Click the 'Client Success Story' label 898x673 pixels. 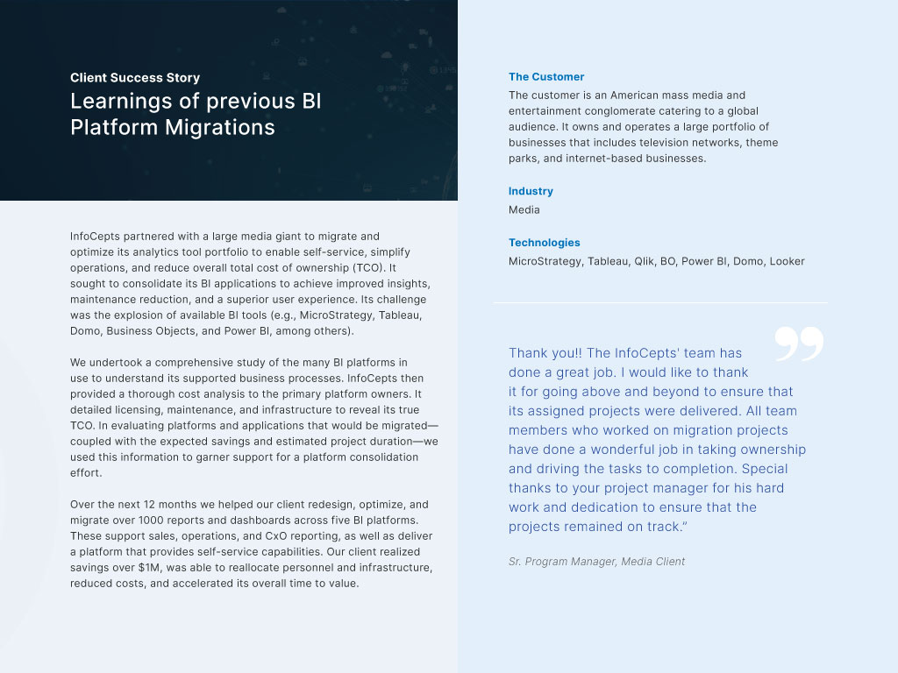(135, 78)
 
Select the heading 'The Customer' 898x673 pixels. (546, 77)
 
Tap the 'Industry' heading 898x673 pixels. (531, 191)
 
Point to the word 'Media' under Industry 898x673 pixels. (524, 210)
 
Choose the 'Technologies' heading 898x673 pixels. (545, 243)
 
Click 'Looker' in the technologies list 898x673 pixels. (787, 261)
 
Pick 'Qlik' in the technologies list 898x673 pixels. (645, 261)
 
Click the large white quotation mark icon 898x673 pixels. (799, 344)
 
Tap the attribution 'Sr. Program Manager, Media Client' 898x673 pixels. (596, 562)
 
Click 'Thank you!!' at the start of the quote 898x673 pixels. (544, 353)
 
